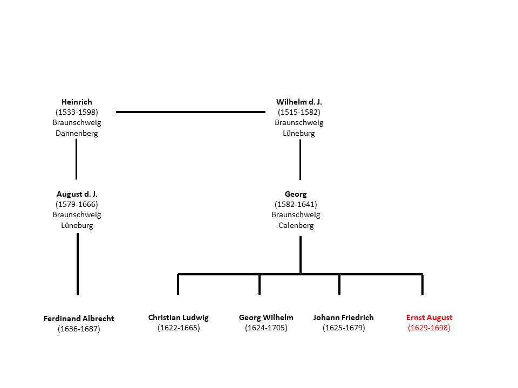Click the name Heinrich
point(77,102)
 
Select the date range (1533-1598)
point(77,112)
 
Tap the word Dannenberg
point(77,133)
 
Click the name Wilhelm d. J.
point(299,102)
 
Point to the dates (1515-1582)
point(299,112)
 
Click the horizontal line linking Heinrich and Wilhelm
point(190,112)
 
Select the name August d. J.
point(77,194)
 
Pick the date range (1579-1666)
point(77,204)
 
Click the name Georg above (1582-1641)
point(296,195)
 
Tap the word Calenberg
point(296,226)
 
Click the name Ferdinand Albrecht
point(79,318)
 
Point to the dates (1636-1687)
point(79,329)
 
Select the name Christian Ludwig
point(179,318)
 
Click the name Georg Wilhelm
point(266,318)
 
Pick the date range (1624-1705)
point(266,328)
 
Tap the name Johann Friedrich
point(344,318)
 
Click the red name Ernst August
point(430,318)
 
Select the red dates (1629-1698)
point(429,328)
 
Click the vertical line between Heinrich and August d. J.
point(76,159)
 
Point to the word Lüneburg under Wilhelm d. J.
point(299,133)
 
